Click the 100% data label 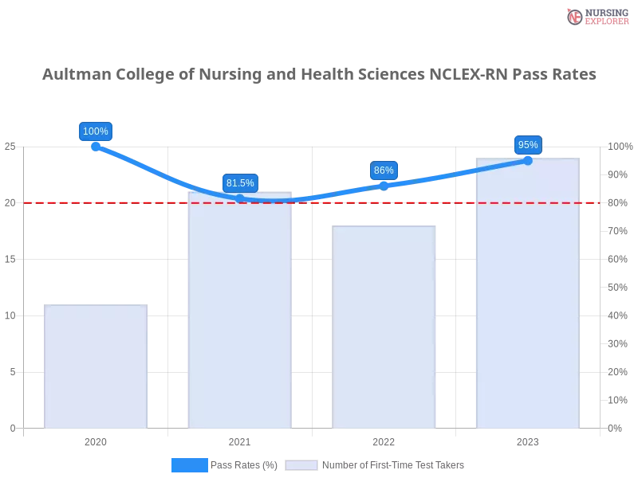(96, 131)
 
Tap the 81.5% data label (240, 183)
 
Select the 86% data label (384, 170)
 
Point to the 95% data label (527, 145)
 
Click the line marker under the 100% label (96, 146)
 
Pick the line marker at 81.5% (240, 198)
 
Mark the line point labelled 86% (384, 186)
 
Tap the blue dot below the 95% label (527, 160)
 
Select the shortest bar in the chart (96, 366)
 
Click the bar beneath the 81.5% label (239, 319)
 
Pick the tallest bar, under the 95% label (526, 295)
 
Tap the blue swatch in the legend (189, 465)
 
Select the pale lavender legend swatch (301, 465)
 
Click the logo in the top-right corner (596, 17)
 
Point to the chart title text (319, 76)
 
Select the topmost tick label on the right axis (620, 147)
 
